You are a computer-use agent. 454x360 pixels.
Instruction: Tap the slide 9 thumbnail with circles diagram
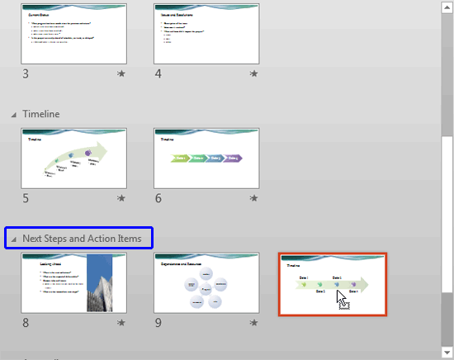coord(207,283)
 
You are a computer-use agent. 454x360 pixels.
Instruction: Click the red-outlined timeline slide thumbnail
coord(332,283)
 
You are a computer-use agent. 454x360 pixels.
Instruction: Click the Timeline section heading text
coord(41,113)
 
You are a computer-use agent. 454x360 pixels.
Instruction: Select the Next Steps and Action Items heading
coord(87,239)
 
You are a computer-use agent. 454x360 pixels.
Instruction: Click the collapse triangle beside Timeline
coord(13,114)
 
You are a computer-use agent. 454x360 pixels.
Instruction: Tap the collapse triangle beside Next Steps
coord(13,239)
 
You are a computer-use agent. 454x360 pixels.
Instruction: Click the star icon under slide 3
coord(121,73)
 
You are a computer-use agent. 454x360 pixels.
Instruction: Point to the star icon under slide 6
coord(254,198)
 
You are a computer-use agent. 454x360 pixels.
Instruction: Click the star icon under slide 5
coord(121,198)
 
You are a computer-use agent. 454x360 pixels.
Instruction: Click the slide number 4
coord(159,73)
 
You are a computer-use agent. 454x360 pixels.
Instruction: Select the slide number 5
coord(26,198)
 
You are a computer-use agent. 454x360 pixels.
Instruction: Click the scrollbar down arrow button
coord(447,353)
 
